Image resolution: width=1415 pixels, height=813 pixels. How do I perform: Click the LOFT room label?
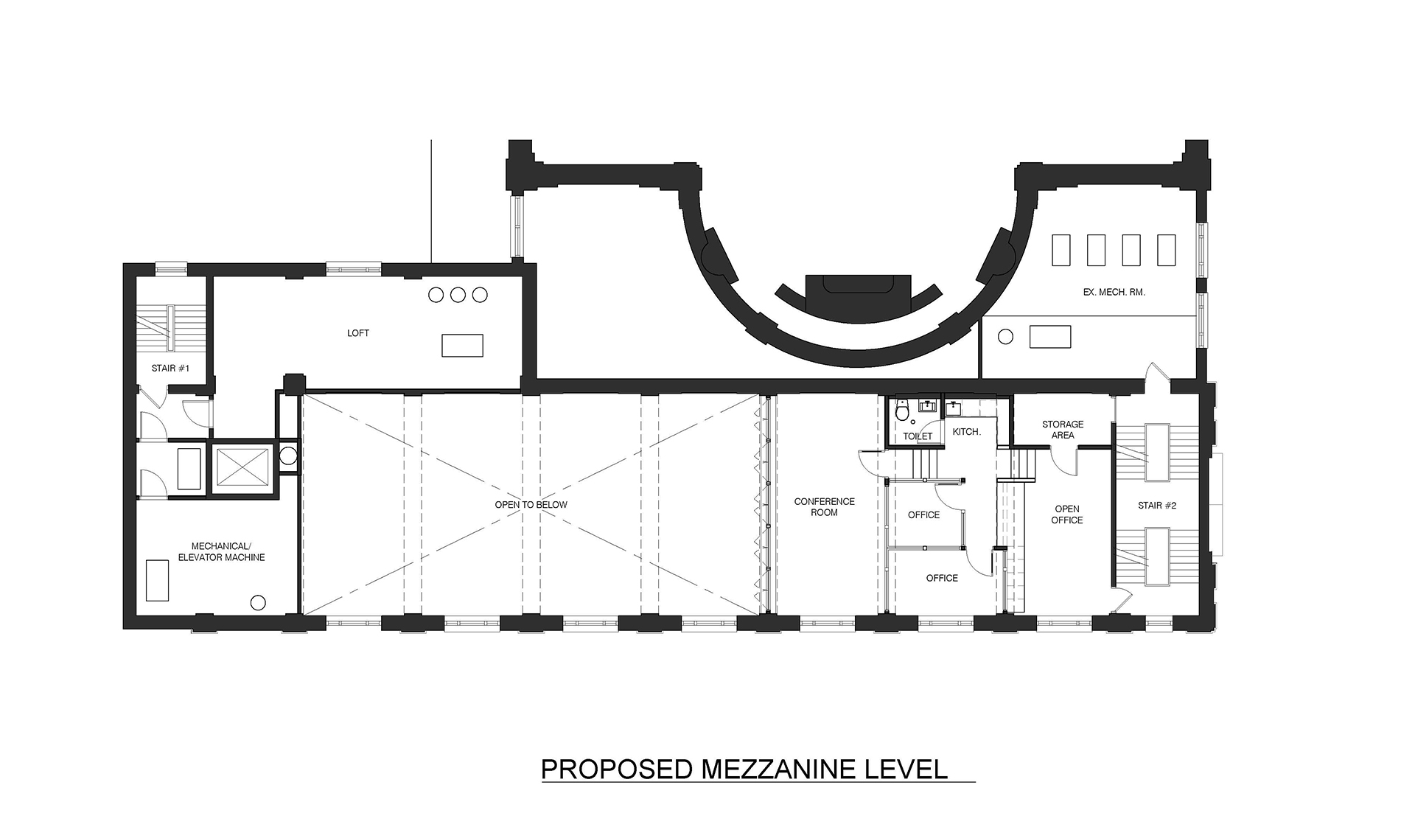click(x=358, y=333)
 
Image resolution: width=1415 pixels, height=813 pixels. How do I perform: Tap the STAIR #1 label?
click(x=171, y=368)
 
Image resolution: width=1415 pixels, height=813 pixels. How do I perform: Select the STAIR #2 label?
click(x=1157, y=506)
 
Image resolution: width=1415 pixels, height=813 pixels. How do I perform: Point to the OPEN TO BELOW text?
click(x=531, y=505)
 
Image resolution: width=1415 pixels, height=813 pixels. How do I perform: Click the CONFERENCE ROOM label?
click(x=825, y=507)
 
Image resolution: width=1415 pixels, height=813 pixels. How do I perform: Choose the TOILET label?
click(x=918, y=436)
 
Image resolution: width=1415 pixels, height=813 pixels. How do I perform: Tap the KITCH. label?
click(x=967, y=432)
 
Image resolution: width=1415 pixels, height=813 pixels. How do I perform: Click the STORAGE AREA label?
click(x=1063, y=430)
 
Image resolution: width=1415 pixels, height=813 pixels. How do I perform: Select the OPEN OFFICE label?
click(x=1067, y=514)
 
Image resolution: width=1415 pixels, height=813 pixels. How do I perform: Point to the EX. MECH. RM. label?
click(x=1114, y=293)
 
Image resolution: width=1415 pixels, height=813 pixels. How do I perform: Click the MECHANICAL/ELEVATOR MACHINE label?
click(x=221, y=552)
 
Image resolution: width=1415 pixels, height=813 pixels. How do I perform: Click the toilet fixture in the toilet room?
click(x=902, y=411)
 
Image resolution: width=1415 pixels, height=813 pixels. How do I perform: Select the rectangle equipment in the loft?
click(x=462, y=345)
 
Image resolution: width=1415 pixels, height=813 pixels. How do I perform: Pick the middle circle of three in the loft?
click(x=458, y=295)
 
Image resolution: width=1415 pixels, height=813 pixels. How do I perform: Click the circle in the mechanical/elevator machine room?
click(x=257, y=603)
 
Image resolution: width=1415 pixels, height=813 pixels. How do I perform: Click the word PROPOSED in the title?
click(x=616, y=770)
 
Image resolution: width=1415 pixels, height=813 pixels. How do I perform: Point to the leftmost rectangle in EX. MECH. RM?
click(x=1061, y=250)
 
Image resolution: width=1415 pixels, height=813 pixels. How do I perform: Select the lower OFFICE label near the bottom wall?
click(x=942, y=579)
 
